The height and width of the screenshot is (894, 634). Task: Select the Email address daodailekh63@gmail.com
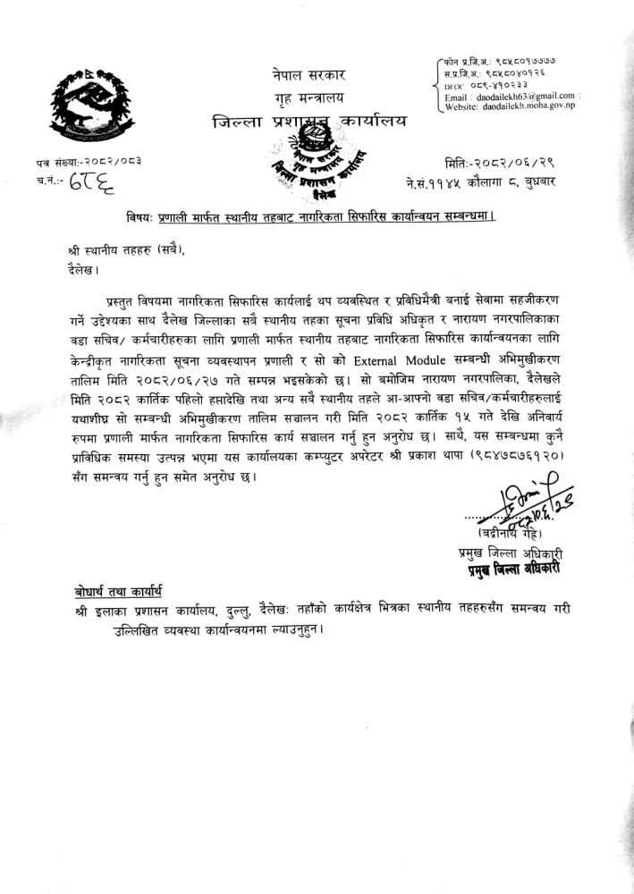[525, 95]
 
